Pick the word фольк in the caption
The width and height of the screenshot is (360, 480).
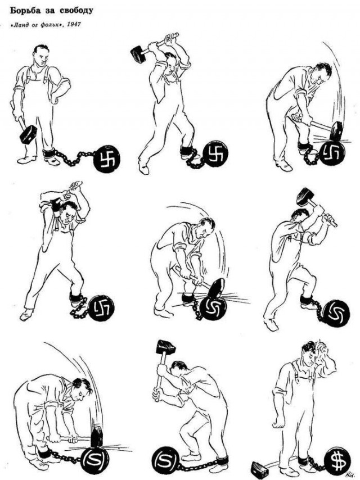(49, 25)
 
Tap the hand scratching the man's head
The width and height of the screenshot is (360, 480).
(323, 351)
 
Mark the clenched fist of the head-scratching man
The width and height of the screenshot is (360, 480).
(278, 423)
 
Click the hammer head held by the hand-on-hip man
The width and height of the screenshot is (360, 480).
(28, 135)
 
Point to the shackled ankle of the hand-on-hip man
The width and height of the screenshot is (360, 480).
(49, 153)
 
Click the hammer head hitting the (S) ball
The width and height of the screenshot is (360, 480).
(97, 436)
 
